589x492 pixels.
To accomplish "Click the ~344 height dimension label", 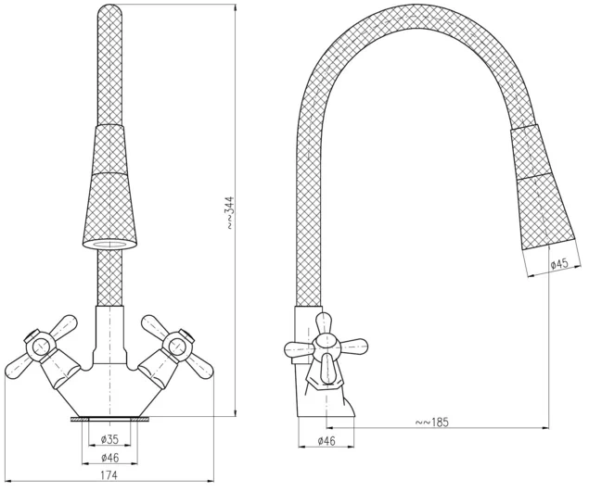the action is tap(230, 212).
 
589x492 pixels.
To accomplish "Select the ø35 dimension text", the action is tap(109, 439).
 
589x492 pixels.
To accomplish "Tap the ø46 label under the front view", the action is tap(109, 458).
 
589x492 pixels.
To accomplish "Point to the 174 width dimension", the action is tap(109, 475).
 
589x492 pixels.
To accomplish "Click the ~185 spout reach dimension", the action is tap(432, 423).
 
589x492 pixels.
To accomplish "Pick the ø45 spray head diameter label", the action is tap(559, 264).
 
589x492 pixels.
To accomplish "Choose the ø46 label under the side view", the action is tap(327, 441).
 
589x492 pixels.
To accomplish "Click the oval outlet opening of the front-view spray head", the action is tap(109, 245).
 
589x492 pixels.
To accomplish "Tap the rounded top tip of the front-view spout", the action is tap(109, 10).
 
